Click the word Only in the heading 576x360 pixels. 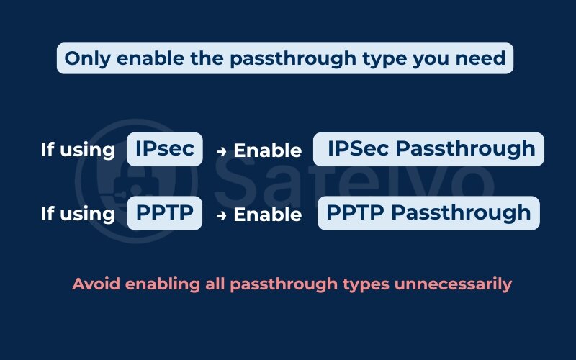click(86, 58)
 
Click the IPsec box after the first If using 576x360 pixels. click(165, 149)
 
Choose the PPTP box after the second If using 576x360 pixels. click(164, 213)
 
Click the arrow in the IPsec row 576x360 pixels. click(222, 150)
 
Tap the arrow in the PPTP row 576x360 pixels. click(222, 215)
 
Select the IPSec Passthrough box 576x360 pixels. click(429, 149)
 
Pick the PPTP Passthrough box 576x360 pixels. click(428, 213)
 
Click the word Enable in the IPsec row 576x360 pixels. click(267, 150)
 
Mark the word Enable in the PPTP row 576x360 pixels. click(267, 215)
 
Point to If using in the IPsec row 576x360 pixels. click(78, 150)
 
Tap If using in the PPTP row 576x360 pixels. click(78, 214)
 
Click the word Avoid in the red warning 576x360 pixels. click(96, 284)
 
